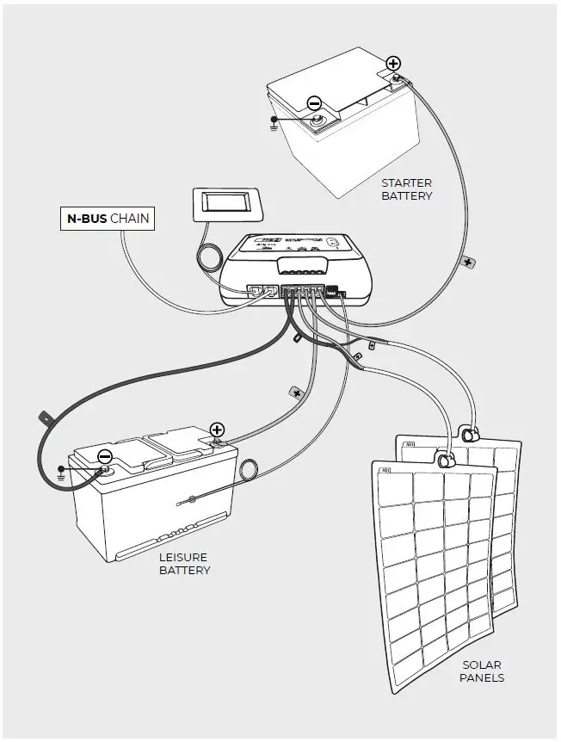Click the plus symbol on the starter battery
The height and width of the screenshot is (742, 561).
tap(393, 63)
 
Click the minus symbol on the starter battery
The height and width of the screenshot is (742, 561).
tap(314, 103)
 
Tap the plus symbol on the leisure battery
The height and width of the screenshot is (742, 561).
tap(217, 430)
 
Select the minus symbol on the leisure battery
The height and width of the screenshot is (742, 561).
tap(104, 456)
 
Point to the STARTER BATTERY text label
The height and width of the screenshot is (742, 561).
tap(406, 189)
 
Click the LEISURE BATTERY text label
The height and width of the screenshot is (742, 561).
tap(184, 564)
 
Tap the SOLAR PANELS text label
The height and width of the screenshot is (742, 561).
tap(483, 671)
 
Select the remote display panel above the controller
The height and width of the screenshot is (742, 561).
tap(226, 205)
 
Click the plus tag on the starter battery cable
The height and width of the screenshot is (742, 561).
tap(467, 260)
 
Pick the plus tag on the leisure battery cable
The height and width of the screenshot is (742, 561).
tap(296, 392)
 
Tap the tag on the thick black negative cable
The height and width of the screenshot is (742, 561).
tap(42, 420)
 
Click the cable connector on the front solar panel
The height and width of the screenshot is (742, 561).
tap(446, 461)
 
